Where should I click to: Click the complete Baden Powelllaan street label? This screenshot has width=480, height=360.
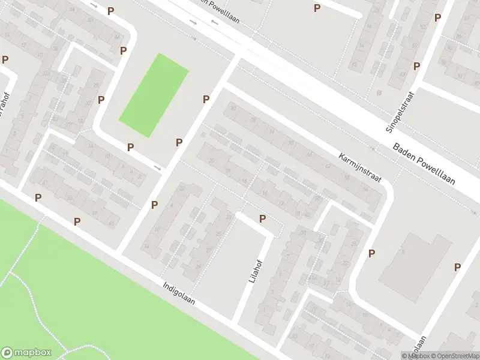coord(424,164)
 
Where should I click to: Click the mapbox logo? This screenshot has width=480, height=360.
coord(26,353)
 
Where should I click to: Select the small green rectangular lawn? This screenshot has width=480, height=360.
coord(154,95)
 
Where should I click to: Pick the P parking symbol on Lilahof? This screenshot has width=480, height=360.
coord(262,218)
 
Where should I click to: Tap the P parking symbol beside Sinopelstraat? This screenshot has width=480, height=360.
coord(416,66)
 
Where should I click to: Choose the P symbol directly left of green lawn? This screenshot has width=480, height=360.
coord(101,100)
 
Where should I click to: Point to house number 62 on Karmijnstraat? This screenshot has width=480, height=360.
coord(328,166)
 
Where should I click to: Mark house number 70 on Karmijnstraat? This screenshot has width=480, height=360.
coord(291,143)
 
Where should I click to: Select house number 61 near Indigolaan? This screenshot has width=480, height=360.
coord(46,183)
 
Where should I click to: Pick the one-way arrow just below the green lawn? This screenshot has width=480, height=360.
coord(158,167)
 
